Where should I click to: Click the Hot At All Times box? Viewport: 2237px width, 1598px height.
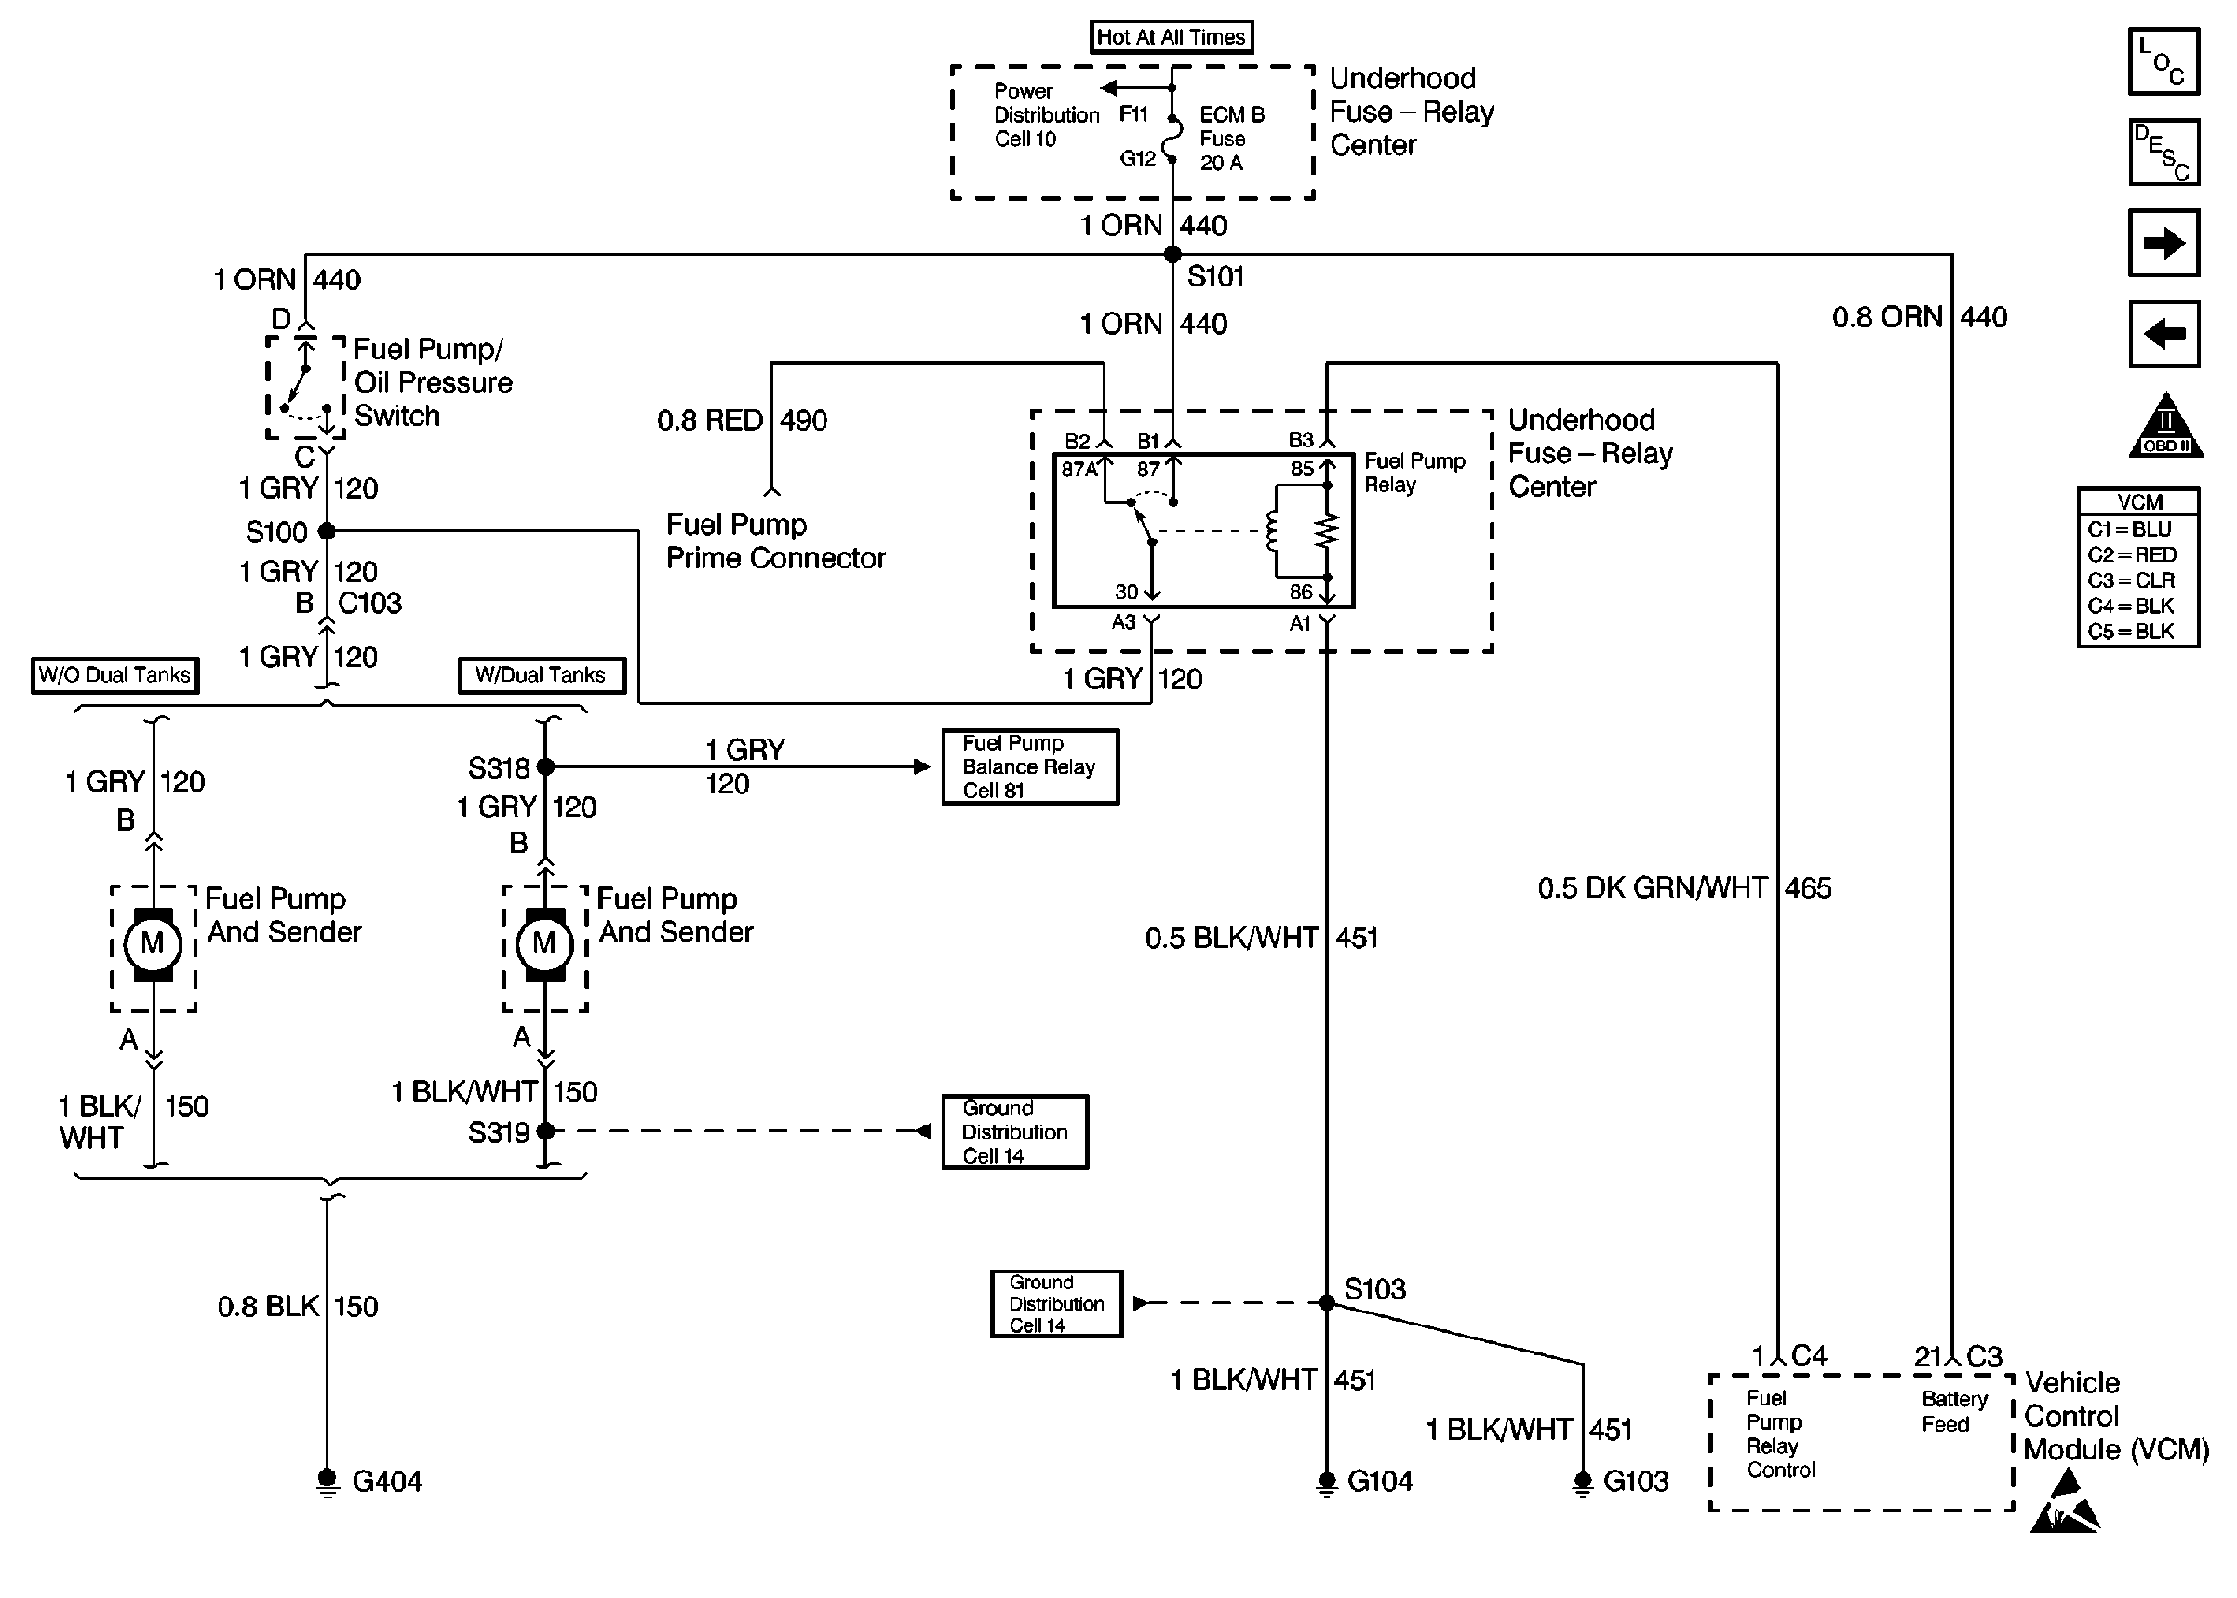pos(1171,37)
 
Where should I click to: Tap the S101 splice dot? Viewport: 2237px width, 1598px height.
pos(1172,255)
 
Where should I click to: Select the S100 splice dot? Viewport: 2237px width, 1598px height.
pos(327,531)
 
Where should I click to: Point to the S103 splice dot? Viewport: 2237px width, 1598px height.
pos(1327,1303)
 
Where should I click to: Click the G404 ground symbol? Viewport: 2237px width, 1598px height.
pos(327,1481)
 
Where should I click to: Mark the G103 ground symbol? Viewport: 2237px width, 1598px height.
pos(1583,1481)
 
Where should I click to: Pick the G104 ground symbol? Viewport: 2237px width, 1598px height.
pos(1327,1481)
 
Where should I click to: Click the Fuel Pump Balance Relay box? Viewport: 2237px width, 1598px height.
pos(1029,766)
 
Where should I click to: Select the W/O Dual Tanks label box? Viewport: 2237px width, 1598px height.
pos(114,675)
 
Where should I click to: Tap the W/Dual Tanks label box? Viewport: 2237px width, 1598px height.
pos(542,675)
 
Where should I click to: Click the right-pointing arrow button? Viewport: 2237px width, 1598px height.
pos(2163,243)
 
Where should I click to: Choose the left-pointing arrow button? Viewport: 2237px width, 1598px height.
pos(2163,334)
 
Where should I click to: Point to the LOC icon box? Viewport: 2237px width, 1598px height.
pos(2163,61)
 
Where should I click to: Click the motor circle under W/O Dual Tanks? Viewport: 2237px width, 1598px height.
pos(153,944)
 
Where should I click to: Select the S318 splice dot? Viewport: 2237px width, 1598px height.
pos(545,766)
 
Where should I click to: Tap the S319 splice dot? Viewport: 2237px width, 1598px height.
pos(545,1132)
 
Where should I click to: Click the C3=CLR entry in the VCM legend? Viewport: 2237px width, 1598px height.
pos(2131,580)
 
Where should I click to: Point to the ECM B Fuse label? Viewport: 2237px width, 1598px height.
pos(1231,139)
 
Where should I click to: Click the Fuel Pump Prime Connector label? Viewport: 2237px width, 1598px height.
pos(775,541)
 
